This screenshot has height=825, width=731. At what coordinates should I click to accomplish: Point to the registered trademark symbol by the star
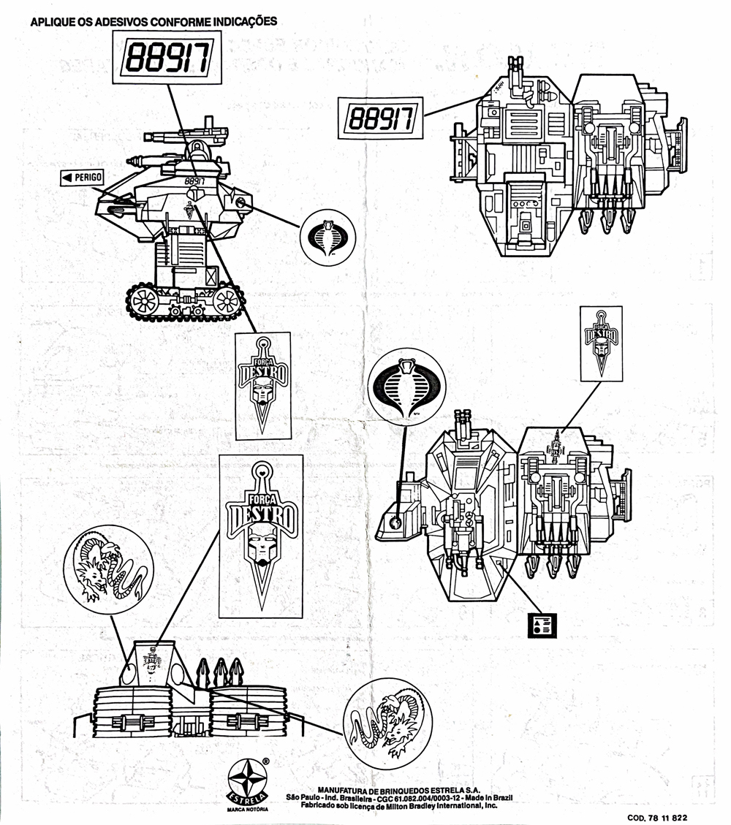tap(266, 761)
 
